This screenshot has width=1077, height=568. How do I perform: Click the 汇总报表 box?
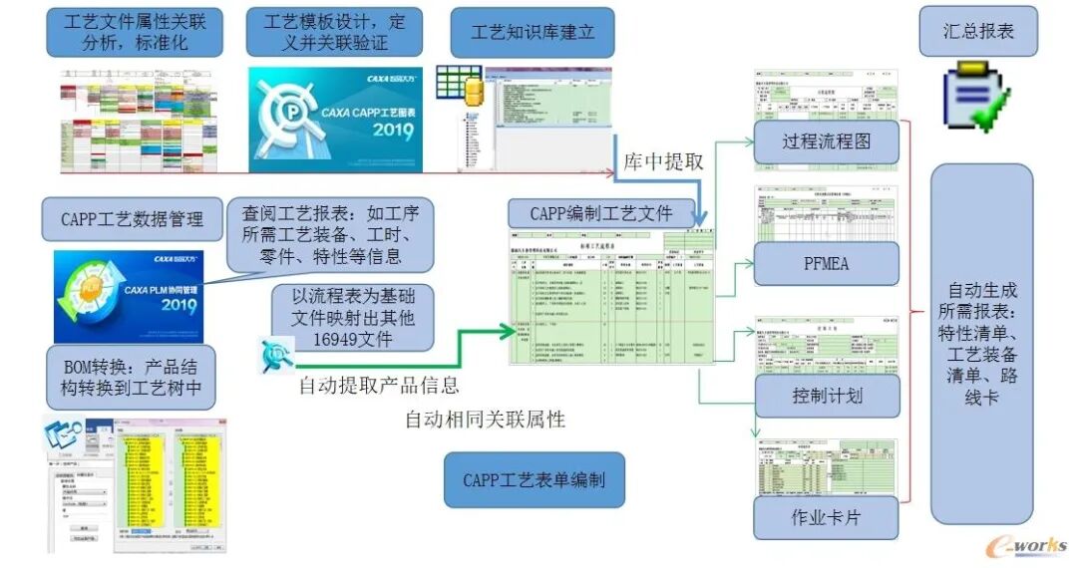click(978, 31)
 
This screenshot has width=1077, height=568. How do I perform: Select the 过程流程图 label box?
click(826, 142)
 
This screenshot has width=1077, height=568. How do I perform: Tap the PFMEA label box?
click(826, 264)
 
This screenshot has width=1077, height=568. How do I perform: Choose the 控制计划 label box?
click(826, 396)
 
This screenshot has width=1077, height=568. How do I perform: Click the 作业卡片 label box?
click(826, 517)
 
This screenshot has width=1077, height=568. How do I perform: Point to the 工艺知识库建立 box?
click(533, 33)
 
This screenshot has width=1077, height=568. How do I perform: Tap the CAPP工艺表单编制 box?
click(534, 480)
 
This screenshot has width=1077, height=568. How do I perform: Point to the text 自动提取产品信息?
click(379, 385)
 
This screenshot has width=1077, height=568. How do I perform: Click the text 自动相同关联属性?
click(484, 420)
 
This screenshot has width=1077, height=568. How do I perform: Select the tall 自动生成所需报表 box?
click(981, 344)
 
